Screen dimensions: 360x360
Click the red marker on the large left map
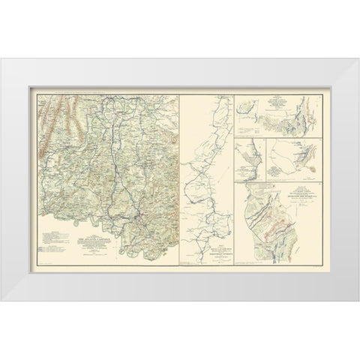tap(139, 217)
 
